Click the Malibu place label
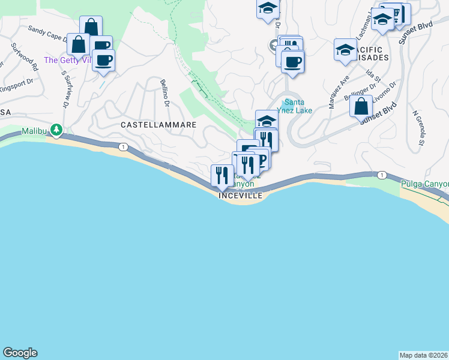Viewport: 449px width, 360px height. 34,131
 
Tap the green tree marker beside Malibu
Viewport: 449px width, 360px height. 56,129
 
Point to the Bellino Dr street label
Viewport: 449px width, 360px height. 164,94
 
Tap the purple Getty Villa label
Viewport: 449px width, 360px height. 67,60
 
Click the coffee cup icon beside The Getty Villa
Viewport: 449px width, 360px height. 104,60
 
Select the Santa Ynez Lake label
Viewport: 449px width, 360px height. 297,106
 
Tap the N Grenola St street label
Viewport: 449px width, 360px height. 418,128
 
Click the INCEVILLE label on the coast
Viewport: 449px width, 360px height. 241,196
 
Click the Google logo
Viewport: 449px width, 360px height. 20,353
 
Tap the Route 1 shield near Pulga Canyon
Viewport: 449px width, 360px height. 382,175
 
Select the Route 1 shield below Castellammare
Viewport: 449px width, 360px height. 122,147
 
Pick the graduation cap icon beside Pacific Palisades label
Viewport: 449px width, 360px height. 345,50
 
